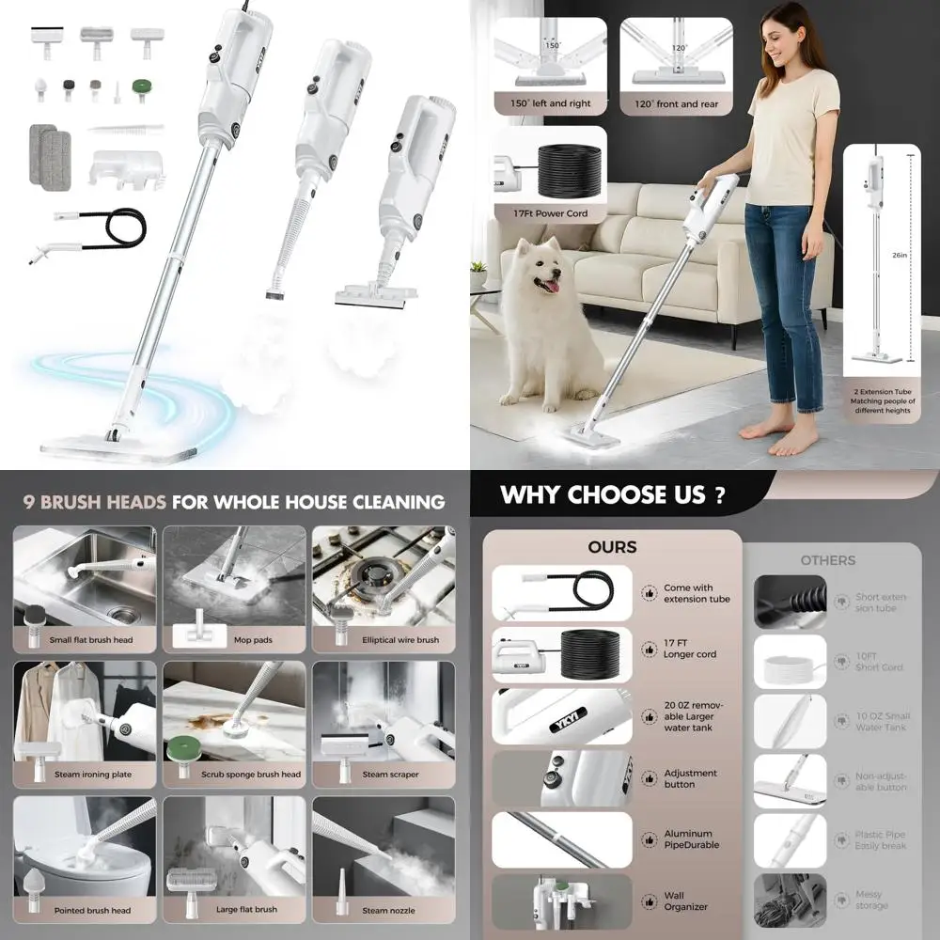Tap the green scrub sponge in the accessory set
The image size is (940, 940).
[x=142, y=91]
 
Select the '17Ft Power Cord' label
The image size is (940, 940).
[x=551, y=213]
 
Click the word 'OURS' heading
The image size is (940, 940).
[x=612, y=546]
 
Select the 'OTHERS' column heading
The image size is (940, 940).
[x=827, y=560]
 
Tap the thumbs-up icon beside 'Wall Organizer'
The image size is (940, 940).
[x=649, y=901]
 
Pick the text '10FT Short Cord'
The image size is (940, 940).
[x=879, y=661]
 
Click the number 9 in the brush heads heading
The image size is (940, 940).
[x=30, y=502]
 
